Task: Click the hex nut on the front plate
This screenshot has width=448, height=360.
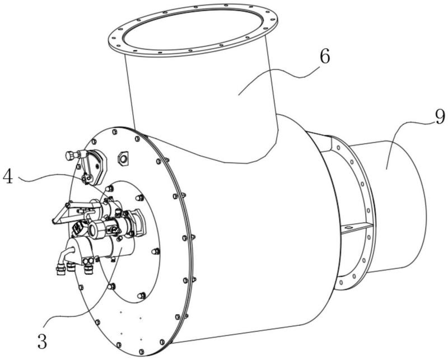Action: (x=123, y=158)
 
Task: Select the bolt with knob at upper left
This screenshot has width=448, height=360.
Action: (x=72, y=155)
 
